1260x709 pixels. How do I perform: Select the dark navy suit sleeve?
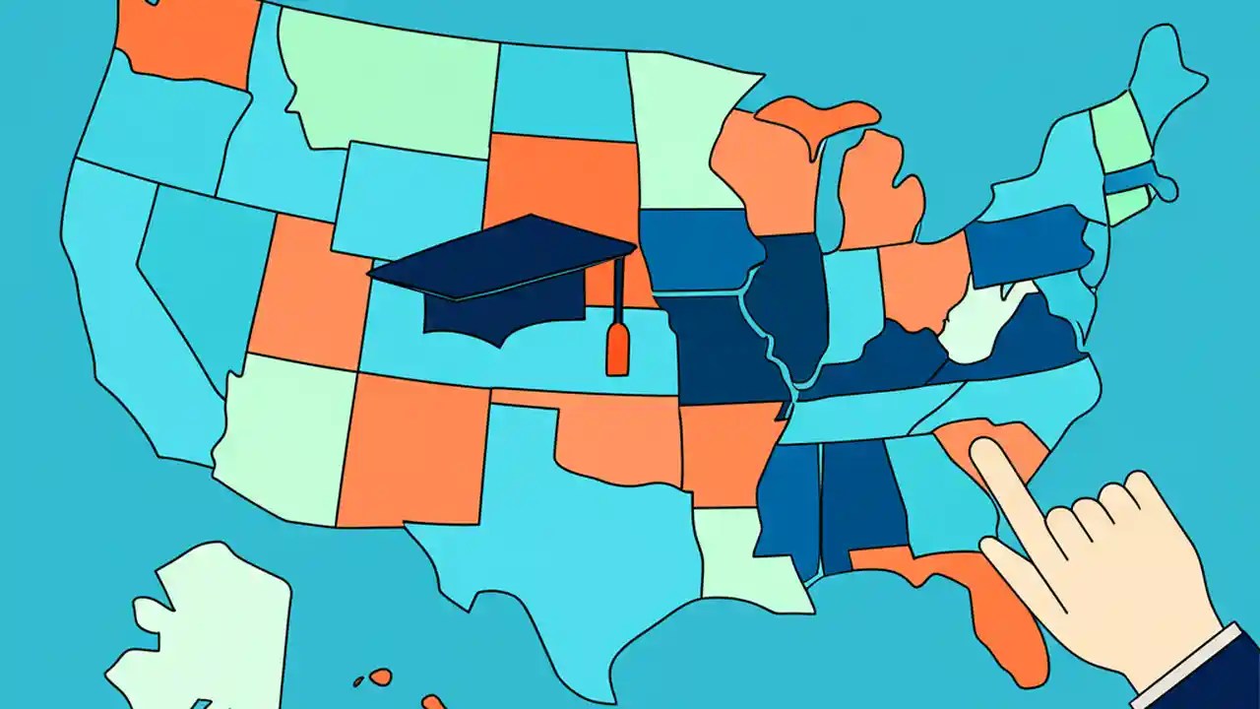tap(1226, 684)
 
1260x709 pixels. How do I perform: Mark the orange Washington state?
tap(182, 39)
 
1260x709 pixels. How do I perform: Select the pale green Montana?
tap(394, 79)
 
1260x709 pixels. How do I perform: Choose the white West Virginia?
tap(984, 325)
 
